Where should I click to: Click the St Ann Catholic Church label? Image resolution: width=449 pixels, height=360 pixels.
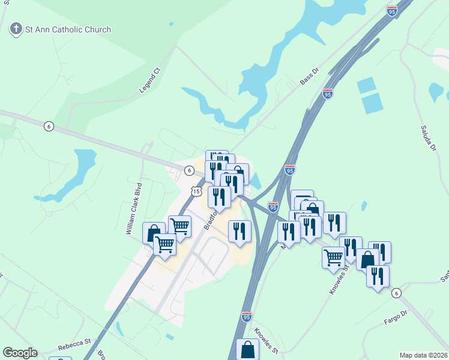click(x=67, y=29)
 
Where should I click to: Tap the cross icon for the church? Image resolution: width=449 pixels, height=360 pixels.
click(x=15, y=28)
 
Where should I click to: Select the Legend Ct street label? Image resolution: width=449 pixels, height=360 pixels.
click(x=150, y=80)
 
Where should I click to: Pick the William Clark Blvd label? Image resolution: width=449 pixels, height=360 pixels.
click(x=134, y=208)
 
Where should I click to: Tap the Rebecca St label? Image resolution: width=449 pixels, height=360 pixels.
click(x=74, y=345)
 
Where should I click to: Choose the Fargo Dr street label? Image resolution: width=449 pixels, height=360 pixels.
click(x=396, y=317)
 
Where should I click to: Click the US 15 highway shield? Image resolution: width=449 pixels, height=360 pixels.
click(x=196, y=191)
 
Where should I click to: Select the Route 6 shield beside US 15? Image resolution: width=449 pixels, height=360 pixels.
click(x=189, y=170)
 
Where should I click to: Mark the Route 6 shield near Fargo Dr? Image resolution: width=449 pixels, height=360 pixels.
click(x=396, y=293)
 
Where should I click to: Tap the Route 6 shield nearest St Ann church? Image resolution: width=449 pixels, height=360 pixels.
click(x=49, y=125)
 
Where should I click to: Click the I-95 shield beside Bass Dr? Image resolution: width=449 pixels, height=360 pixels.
click(x=327, y=94)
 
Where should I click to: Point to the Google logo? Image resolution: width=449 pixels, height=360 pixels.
click(x=20, y=352)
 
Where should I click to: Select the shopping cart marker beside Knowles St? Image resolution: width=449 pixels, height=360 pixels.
click(x=333, y=257)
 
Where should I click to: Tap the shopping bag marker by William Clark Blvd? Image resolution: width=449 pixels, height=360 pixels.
click(x=154, y=232)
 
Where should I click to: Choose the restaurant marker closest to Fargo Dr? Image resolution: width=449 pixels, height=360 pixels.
click(x=377, y=276)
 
